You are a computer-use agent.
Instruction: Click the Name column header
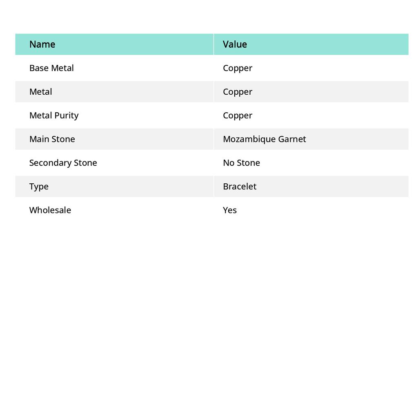42,44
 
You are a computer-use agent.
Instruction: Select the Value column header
235,44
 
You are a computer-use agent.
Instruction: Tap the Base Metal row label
51,68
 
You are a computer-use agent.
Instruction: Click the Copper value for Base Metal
238,68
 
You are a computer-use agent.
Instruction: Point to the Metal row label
41,92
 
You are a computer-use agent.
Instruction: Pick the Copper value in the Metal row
238,92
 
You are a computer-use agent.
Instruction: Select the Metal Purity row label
54,116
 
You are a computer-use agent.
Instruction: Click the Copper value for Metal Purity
238,116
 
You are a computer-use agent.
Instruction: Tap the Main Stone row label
52,139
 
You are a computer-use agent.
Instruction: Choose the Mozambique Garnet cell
264,139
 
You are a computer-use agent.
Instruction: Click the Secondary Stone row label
63,163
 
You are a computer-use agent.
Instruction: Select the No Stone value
241,163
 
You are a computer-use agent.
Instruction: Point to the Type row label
39,187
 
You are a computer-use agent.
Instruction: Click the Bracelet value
240,187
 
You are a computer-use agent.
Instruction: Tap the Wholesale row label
50,210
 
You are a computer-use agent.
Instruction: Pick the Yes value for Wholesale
230,210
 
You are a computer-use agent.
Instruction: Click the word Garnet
292,139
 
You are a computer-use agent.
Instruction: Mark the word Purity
67,116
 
